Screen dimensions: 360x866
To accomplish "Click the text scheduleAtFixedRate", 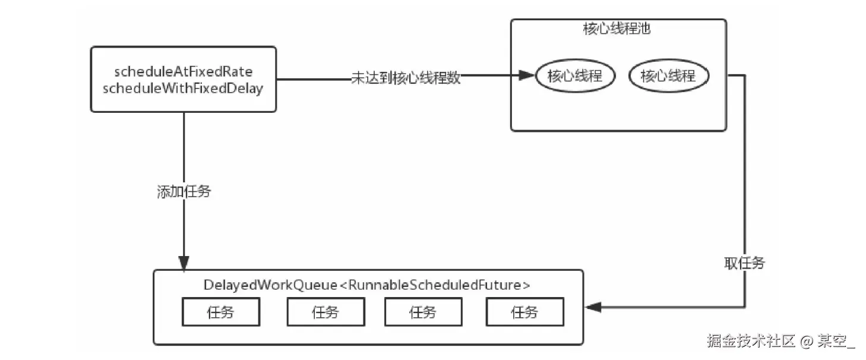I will pyautogui.click(x=183, y=72).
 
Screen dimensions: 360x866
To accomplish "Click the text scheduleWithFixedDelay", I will pyautogui.click(x=183, y=90).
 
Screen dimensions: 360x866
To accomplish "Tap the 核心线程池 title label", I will pyautogui.click(x=617, y=29).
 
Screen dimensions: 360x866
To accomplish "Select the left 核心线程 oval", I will pyautogui.click(x=575, y=76).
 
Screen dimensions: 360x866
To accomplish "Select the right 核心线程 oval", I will pyautogui.click(x=669, y=76).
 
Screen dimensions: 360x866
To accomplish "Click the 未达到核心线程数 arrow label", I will pyautogui.click(x=406, y=78).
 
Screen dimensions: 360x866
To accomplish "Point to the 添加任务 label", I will pyautogui.click(x=184, y=192).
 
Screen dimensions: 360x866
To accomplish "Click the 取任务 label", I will pyautogui.click(x=744, y=263).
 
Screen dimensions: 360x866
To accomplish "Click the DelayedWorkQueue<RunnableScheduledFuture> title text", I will pyautogui.click(x=366, y=285).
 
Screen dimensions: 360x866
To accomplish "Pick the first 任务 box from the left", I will pyautogui.click(x=220, y=312).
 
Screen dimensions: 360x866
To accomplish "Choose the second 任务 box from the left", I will pyautogui.click(x=325, y=312).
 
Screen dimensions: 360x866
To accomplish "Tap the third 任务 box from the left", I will pyautogui.click(x=423, y=312).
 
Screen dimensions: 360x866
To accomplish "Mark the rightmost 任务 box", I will pyautogui.click(x=524, y=312).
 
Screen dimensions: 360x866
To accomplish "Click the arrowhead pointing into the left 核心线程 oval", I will pyautogui.click(x=527, y=75).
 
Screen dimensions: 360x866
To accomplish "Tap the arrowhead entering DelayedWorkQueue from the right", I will pyautogui.click(x=593, y=307).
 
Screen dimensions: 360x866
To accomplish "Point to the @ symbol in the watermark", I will pyautogui.click(x=806, y=342).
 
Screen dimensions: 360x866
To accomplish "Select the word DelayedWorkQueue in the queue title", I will pyautogui.click(x=270, y=285).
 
